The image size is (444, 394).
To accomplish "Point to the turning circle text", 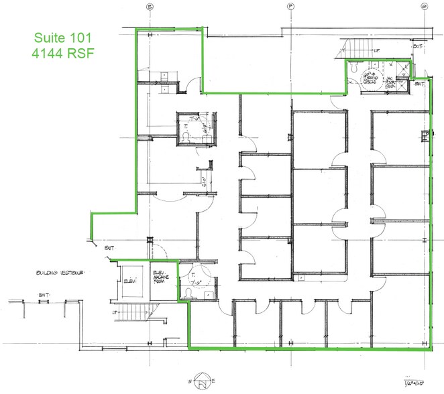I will point(370,79).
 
